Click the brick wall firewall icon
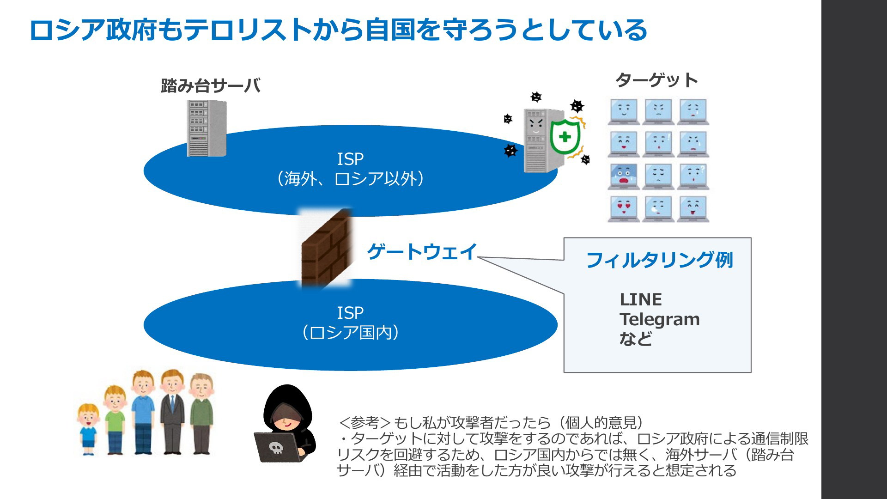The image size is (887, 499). [x=326, y=248]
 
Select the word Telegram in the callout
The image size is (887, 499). [x=660, y=320]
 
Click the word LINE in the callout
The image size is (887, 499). [x=641, y=299]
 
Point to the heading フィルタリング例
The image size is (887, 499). [x=660, y=260]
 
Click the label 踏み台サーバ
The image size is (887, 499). [x=211, y=85]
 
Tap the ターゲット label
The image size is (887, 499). [x=656, y=80]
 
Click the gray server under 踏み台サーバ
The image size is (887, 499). [x=207, y=128]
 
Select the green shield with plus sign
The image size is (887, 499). [x=564, y=137]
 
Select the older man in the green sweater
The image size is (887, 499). [x=201, y=414]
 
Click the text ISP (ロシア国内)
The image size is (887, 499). [x=350, y=323]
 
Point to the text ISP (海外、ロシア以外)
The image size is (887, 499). [x=350, y=169]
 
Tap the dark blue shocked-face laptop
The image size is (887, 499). [x=624, y=176]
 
